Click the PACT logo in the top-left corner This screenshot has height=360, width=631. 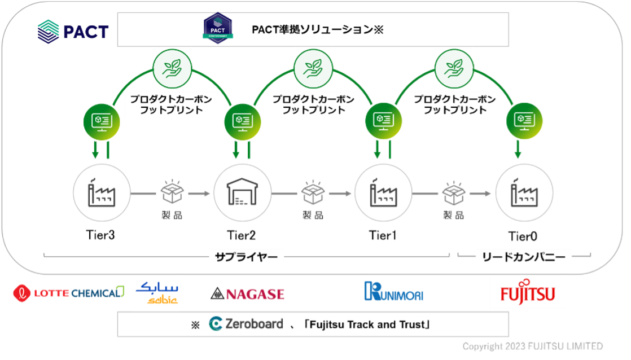click(73, 31)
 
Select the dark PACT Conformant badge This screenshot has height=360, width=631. click(218, 28)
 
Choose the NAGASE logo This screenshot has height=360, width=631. click(247, 293)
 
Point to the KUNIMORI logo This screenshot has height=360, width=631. click(393, 292)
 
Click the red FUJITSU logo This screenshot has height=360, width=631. click(528, 292)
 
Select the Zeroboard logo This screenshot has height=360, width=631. click(246, 324)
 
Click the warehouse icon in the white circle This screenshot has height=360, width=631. click(243, 193)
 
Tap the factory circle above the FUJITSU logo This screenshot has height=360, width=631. click(524, 193)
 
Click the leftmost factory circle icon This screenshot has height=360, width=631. click(102, 193)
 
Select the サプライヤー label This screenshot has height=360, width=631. click(246, 257)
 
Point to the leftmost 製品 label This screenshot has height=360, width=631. click(172, 216)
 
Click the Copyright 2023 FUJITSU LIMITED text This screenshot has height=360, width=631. click(532, 346)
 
